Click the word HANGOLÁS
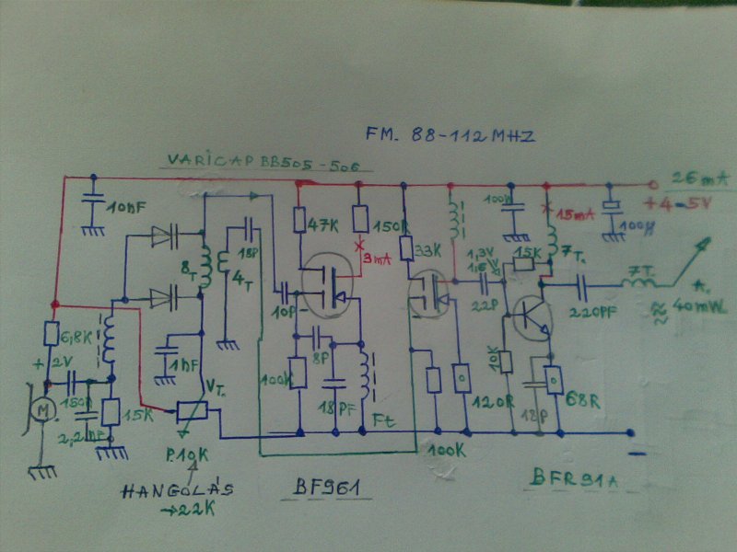175,490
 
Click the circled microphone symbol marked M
41,408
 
